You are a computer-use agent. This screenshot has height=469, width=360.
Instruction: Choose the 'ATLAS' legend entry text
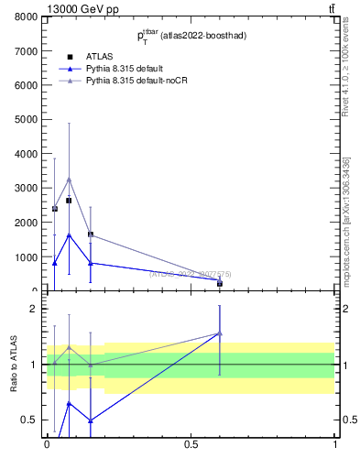[99, 57]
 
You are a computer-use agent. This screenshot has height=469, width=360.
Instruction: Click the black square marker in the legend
[69, 57]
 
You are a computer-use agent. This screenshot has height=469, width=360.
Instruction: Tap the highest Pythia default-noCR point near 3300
[69, 179]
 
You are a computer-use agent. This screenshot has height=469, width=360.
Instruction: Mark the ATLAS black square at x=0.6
[220, 283]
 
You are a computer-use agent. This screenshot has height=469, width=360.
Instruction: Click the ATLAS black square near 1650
[91, 234]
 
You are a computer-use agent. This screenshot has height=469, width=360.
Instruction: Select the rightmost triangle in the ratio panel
[220, 333]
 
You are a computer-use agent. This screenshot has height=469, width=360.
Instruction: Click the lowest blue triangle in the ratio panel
[91, 420]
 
